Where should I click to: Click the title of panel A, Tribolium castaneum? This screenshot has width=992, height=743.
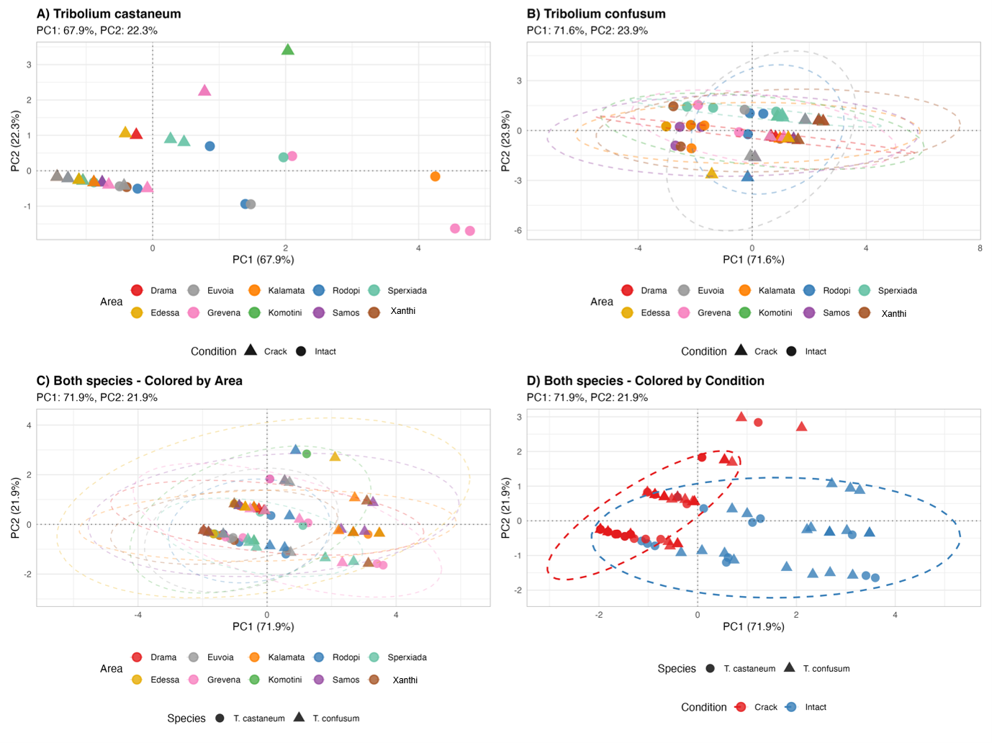[x=109, y=14]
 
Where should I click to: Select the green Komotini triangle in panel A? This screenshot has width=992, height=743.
[x=287, y=50]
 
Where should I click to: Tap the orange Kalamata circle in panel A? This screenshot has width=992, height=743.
[x=435, y=176]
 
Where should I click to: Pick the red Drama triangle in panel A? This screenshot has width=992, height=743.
[x=136, y=134]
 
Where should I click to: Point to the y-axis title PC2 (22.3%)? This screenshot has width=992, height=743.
[x=15, y=140]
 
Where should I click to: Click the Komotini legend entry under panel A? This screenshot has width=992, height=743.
[x=275, y=312]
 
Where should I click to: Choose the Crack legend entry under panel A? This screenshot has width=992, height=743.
[x=266, y=351]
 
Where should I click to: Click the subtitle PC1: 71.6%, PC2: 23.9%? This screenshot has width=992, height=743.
[x=587, y=30]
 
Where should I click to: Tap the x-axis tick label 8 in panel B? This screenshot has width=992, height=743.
[x=979, y=248]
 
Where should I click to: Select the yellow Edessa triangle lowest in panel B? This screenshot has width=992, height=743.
[x=711, y=173]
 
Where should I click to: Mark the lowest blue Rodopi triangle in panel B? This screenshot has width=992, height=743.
[x=747, y=176]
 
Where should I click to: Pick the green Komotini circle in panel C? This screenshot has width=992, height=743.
[x=307, y=454]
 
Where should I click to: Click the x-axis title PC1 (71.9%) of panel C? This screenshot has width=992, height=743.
[x=263, y=626]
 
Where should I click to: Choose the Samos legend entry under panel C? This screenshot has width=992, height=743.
[x=336, y=679]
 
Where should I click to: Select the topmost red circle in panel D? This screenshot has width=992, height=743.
[x=758, y=422]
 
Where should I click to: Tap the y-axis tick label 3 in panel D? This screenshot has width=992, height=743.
[x=519, y=417]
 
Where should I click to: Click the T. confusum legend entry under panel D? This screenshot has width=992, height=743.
[x=816, y=668]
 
